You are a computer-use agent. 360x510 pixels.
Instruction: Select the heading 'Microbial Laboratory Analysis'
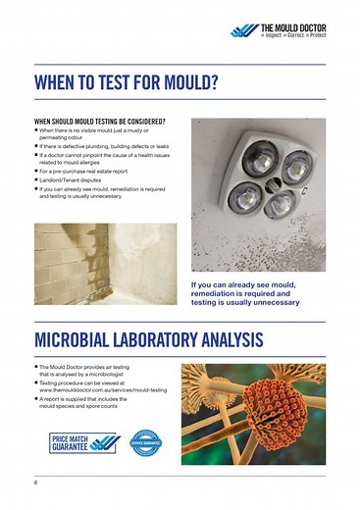[147, 340]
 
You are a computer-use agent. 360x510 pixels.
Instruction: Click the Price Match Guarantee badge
[86, 441]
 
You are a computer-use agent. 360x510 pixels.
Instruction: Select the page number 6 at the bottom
[35, 483]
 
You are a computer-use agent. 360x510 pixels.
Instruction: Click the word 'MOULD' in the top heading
[179, 79]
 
